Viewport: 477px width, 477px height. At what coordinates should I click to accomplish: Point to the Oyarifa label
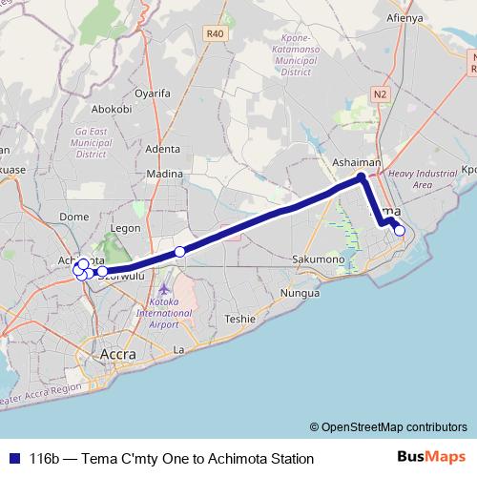[x=152, y=93]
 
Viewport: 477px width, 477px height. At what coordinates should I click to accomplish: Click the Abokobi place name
[x=114, y=109]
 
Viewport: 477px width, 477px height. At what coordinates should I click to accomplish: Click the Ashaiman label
[x=357, y=163]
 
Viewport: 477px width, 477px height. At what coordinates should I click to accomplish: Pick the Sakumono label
[x=318, y=259]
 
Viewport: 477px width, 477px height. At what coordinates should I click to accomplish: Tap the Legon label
[x=126, y=229]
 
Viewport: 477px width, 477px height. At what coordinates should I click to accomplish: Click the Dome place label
[x=73, y=217]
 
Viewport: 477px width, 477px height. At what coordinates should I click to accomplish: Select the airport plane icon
[x=164, y=287]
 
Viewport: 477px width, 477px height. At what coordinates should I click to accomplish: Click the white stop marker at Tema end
[x=400, y=230]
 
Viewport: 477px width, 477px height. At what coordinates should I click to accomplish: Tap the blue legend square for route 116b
[x=13, y=459]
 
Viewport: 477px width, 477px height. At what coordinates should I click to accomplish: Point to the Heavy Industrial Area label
[x=423, y=179]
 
